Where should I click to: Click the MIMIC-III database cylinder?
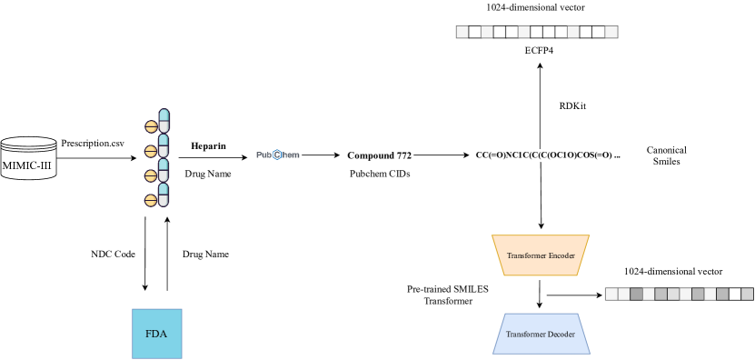(x=28, y=158)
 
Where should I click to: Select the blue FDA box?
(x=156, y=333)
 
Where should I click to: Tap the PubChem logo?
(x=277, y=155)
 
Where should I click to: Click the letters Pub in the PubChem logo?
(x=264, y=155)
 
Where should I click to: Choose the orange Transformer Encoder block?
(x=541, y=255)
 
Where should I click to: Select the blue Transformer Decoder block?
(x=541, y=334)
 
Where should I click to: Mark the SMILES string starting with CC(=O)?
(x=547, y=155)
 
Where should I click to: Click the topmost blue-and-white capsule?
(x=164, y=121)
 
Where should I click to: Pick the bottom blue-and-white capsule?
(x=164, y=195)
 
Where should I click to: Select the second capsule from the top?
(x=164, y=145)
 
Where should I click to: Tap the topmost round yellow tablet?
(x=151, y=127)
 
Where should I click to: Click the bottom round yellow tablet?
(x=151, y=201)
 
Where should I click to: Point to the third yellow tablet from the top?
(x=151, y=176)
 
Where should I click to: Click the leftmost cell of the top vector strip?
(x=462, y=32)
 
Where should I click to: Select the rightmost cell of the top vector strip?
(x=611, y=32)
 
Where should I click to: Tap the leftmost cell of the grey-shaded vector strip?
(x=611, y=294)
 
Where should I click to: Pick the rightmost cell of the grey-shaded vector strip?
(x=747, y=294)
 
